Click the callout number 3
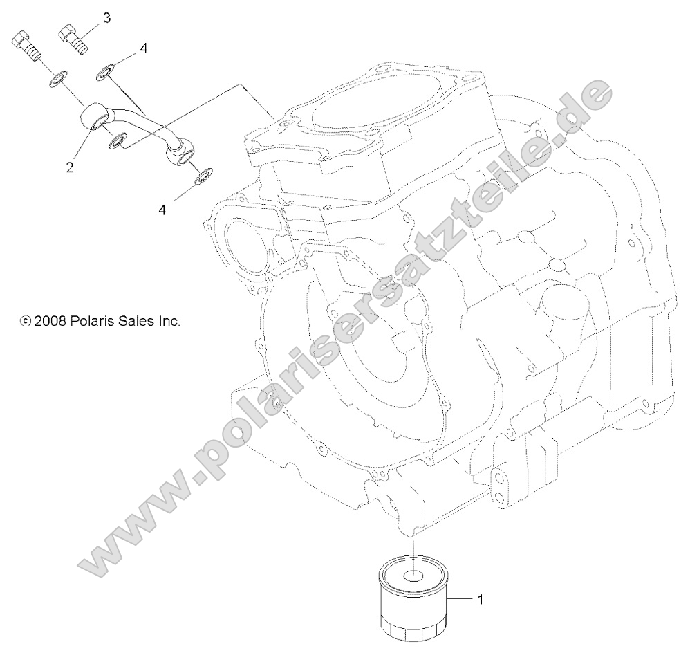pos(106,18)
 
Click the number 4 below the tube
pos(163,209)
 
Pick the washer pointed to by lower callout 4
pos(203,176)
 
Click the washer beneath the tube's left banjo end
pos(118,142)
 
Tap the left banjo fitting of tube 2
pos(94,118)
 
